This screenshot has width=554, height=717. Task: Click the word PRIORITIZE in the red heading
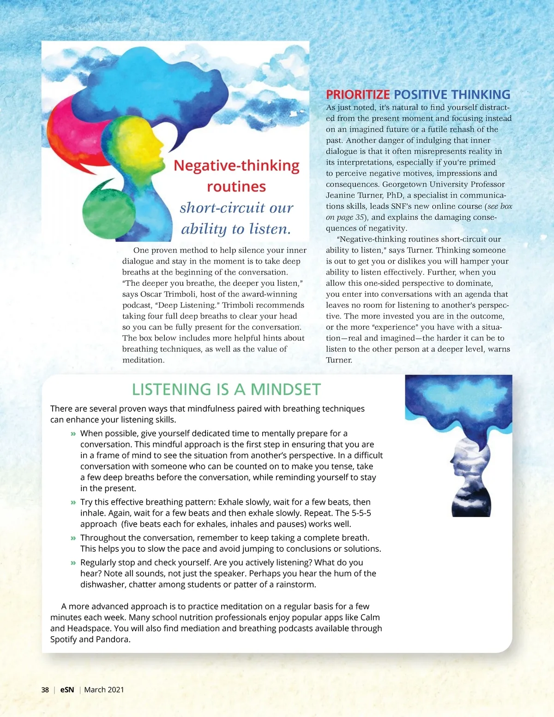coord(358,95)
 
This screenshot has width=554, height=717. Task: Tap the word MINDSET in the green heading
coord(285,390)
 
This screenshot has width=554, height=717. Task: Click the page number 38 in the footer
coord(45,690)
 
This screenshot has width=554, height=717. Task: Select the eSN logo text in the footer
coord(67,690)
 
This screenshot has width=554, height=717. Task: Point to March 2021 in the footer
coord(104,690)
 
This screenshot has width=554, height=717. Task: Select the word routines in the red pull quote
coord(236,187)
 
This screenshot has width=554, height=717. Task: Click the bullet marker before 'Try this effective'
coord(73,502)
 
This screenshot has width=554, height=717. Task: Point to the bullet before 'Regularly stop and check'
coord(73,563)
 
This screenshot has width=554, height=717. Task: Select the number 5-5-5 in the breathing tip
coord(361,513)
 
